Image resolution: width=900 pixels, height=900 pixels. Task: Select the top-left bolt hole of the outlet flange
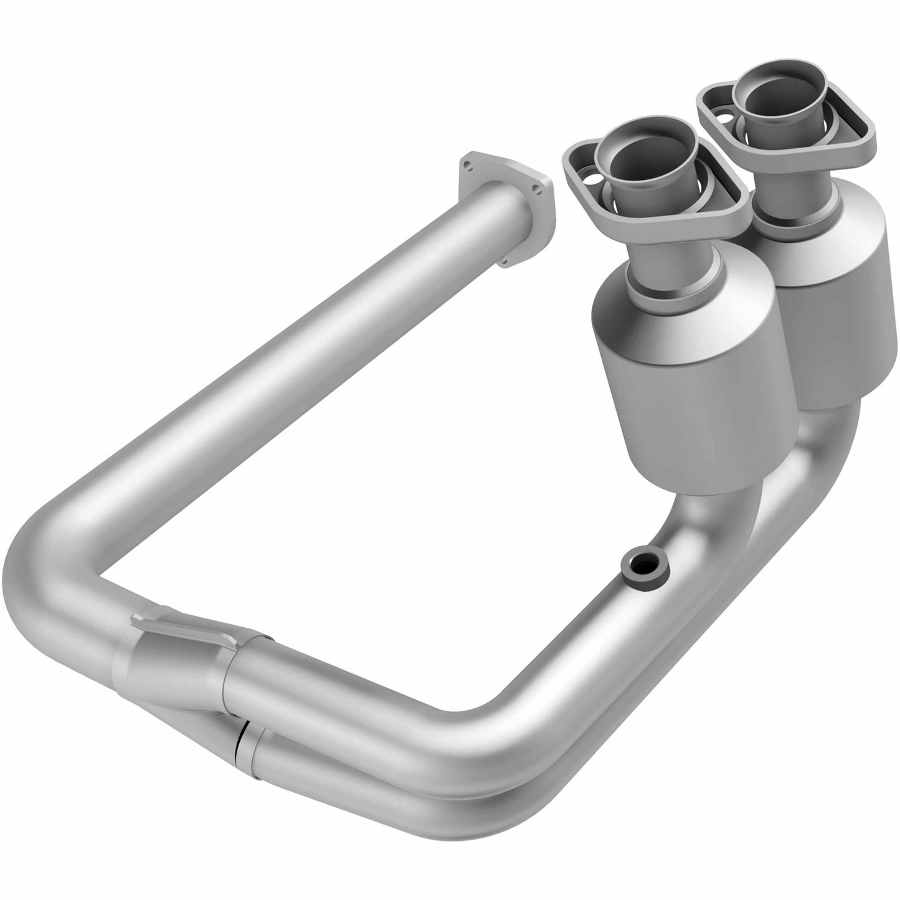[466, 165]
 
